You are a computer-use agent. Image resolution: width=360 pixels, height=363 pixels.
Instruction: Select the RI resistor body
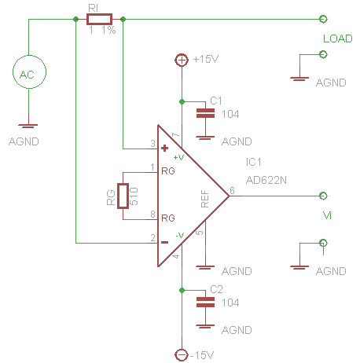point(99,18)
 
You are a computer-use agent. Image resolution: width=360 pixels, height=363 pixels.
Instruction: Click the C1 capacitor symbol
point(204,113)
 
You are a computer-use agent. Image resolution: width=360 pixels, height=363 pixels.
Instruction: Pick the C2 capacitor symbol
point(204,302)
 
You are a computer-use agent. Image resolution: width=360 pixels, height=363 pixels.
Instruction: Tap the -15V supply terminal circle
point(182,354)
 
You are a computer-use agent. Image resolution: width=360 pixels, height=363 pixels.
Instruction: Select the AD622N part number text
point(266,179)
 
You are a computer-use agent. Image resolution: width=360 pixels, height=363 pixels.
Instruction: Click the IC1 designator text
point(254,162)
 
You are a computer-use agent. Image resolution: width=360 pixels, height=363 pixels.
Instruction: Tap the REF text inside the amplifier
point(205,199)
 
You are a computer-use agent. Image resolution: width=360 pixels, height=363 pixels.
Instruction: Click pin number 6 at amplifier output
point(231,190)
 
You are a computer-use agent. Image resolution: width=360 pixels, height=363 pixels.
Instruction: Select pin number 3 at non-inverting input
point(152,143)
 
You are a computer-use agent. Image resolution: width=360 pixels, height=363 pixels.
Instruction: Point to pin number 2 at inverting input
point(152,237)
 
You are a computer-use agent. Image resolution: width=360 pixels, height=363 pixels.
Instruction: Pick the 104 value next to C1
point(230,114)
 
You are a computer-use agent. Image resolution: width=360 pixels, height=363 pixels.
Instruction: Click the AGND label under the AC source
point(23,142)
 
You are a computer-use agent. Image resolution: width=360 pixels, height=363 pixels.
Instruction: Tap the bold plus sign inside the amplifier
point(164,148)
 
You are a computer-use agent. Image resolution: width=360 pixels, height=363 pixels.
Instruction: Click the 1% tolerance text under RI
point(108,30)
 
